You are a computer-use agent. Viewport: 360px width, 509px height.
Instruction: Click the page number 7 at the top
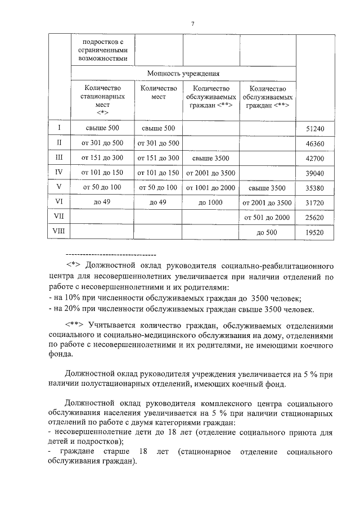(x=192, y=24)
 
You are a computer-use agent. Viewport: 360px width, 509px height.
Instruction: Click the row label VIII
(x=59, y=231)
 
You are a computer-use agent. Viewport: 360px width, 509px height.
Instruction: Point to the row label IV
(x=59, y=172)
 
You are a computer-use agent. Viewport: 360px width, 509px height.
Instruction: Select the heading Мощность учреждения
(x=183, y=73)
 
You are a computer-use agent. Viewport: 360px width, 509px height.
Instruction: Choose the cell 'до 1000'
(x=210, y=202)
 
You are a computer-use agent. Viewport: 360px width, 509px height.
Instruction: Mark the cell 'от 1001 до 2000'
(x=210, y=187)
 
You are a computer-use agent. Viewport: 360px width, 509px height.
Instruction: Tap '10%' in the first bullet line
(x=74, y=298)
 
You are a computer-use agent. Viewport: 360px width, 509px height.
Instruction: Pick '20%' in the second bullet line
(x=74, y=309)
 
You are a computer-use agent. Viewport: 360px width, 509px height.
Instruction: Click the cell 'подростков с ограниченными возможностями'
(x=102, y=49)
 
